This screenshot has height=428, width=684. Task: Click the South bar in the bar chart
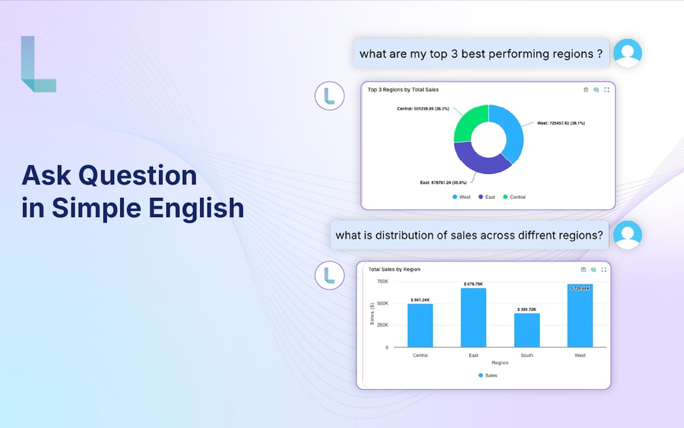coord(527,330)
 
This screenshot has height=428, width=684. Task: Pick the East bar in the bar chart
coord(473,318)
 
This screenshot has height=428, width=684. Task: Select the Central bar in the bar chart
coord(420,325)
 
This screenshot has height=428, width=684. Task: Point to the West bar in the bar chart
coord(580,315)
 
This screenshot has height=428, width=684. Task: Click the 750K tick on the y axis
coord(383,281)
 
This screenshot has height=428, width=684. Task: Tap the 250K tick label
coord(383,325)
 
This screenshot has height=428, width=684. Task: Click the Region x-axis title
coord(500,363)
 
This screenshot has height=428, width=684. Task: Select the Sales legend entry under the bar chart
coord(487,376)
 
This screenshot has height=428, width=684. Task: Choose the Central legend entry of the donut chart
coord(514,197)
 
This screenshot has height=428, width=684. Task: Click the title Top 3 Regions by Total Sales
coord(403,90)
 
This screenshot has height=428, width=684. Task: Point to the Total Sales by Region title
coord(394,269)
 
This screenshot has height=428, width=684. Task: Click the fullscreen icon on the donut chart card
coord(607,90)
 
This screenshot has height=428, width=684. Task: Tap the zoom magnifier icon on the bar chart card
coord(593,269)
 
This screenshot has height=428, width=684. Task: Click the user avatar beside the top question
coord(628,53)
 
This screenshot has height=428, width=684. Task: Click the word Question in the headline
coord(138,176)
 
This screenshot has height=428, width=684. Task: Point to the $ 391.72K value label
coord(527,309)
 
